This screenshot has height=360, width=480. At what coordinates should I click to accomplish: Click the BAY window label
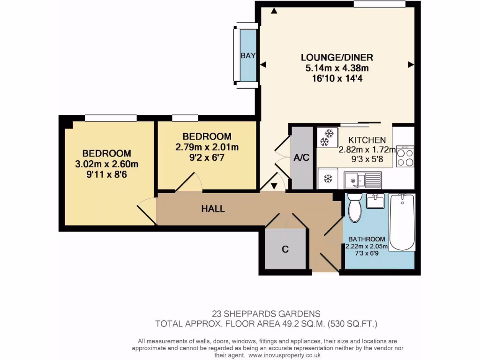(248, 55)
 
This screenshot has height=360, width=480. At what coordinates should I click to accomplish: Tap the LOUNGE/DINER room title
(337, 58)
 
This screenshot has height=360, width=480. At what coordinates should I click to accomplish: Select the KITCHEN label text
(367, 140)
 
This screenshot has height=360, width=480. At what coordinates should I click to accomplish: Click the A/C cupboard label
(301, 158)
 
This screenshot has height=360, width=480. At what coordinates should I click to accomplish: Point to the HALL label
(213, 209)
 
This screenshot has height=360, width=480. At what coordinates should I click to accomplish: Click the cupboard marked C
(285, 249)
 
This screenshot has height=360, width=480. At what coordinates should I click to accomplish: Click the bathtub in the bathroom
(402, 222)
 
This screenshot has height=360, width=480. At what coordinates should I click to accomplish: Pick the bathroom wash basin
(375, 202)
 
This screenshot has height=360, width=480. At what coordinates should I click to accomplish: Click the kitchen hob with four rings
(405, 157)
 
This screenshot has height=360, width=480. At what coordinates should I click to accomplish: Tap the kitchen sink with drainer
(364, 180)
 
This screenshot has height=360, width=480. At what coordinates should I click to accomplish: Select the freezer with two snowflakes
(328, 137)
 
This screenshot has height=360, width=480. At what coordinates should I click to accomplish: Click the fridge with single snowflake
(328, 179)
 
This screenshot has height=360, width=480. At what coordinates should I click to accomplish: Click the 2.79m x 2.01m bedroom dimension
(207, 147)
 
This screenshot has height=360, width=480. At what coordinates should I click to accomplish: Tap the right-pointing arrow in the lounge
(411, 65)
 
